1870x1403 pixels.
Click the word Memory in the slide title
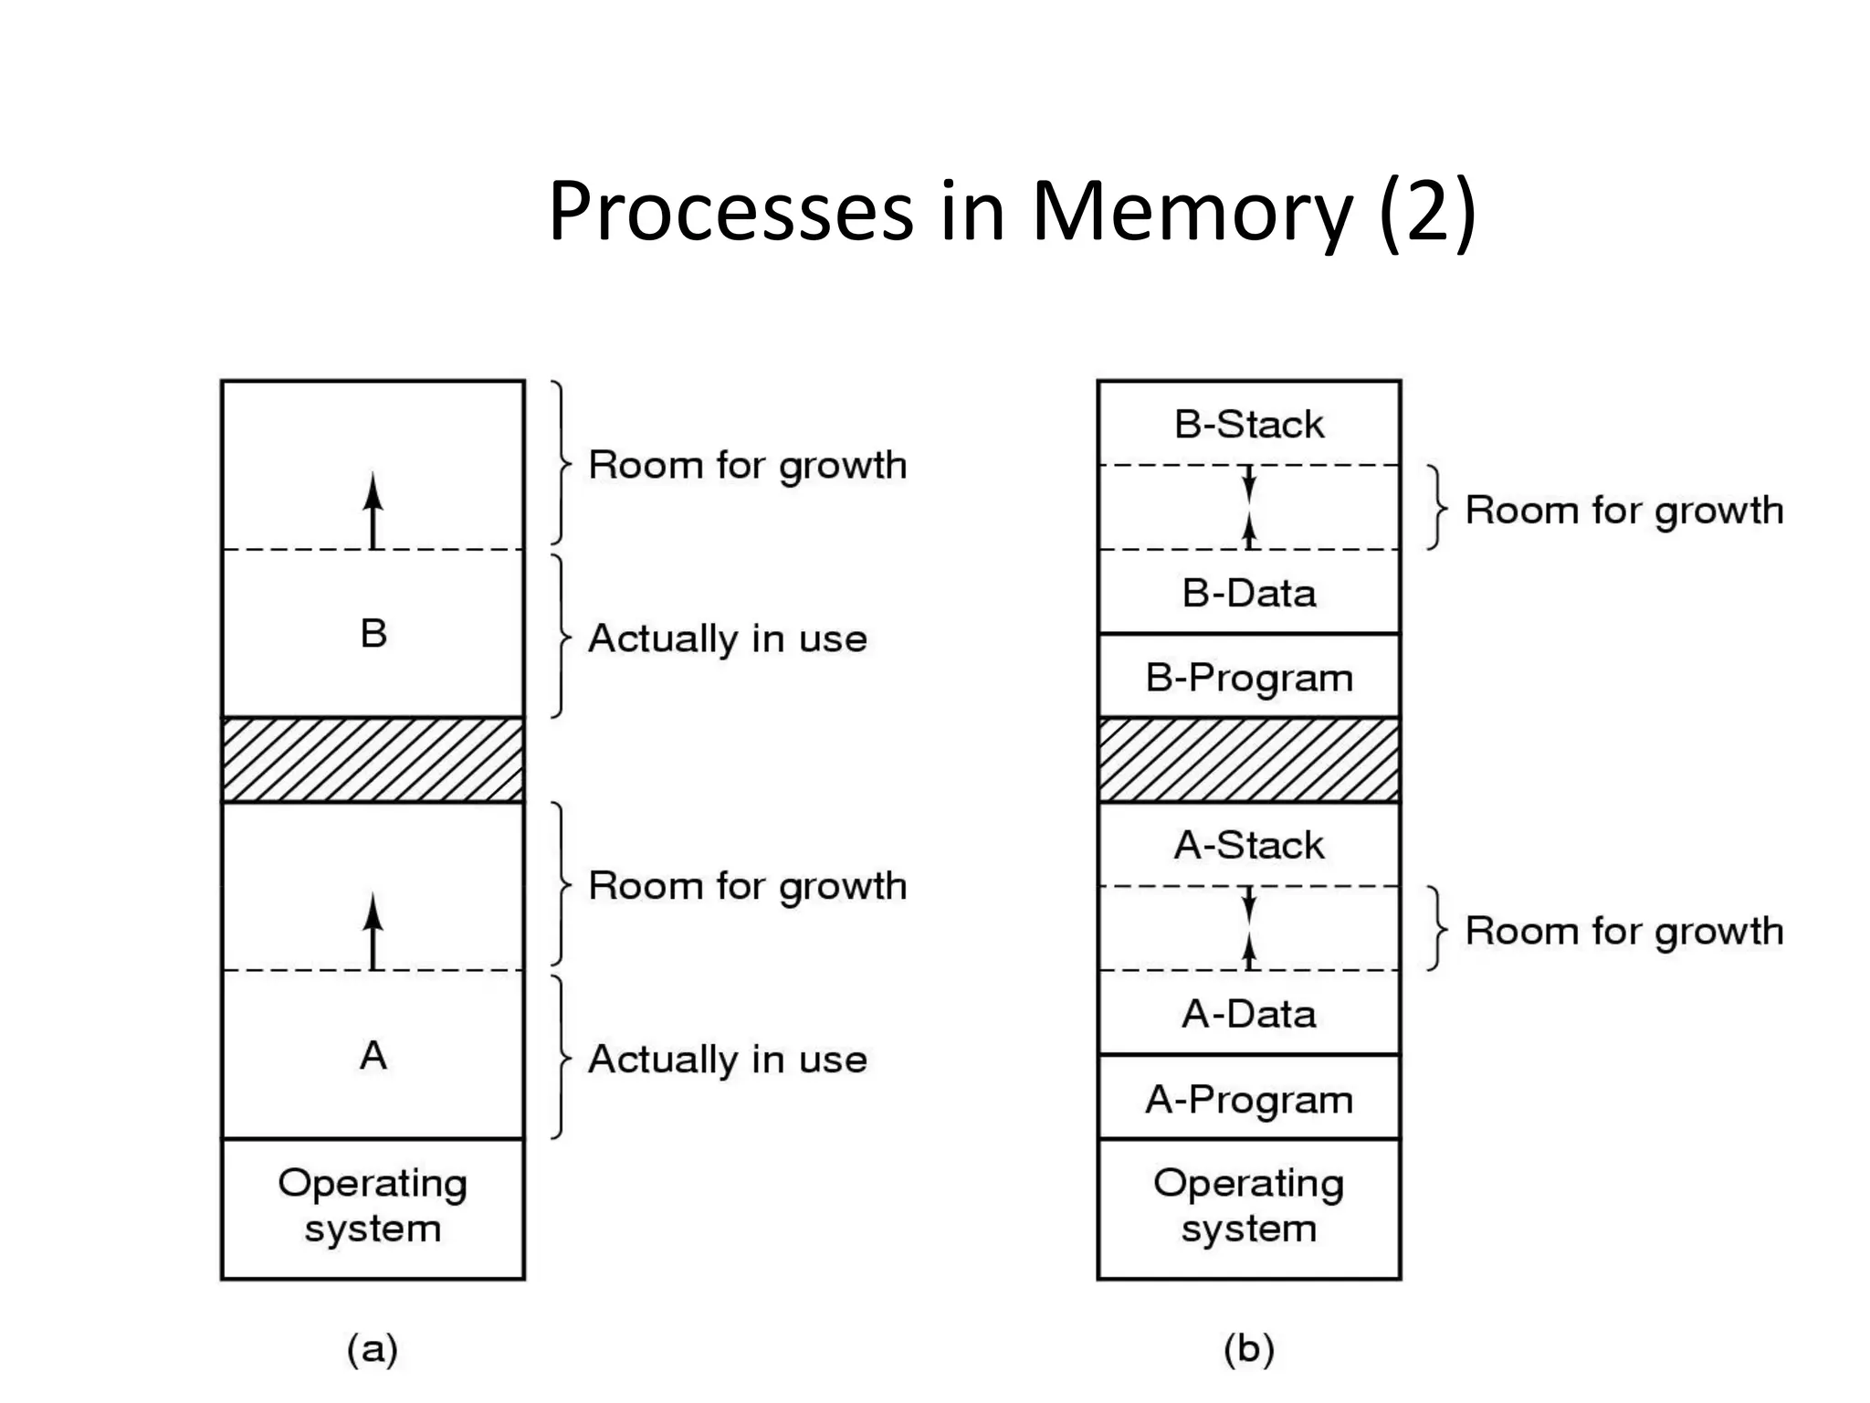(1191, 212)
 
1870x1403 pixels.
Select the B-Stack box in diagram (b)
(1248, 424)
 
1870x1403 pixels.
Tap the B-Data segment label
(1248, 594)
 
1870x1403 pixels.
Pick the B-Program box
(1248, 678)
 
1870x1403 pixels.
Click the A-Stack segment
(1248, 845)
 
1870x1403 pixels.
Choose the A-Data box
(1248, 1014)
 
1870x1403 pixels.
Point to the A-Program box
(1248, 1099)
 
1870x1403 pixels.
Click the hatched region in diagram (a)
(373, 760)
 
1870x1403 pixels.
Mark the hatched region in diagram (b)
(1248, 760)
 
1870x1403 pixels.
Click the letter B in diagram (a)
(373, 633)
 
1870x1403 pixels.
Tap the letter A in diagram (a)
(373, 1056)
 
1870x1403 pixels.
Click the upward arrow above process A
(373, 931)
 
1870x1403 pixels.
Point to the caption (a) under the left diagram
(373, 1349)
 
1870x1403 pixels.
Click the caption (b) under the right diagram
(1248, 1349)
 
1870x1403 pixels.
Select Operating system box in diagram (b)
(1248, 1207)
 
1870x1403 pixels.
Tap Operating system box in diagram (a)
(373, 1207)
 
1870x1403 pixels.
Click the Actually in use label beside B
(727, 638)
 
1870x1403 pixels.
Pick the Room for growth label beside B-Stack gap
(1623, 511)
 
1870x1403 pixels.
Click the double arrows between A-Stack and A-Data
(1249, 928)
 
